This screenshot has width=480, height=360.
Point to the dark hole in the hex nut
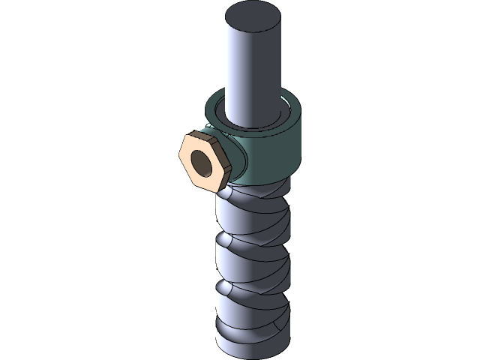tap(202, 161)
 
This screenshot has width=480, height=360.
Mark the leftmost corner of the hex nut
tap(181, 153)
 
